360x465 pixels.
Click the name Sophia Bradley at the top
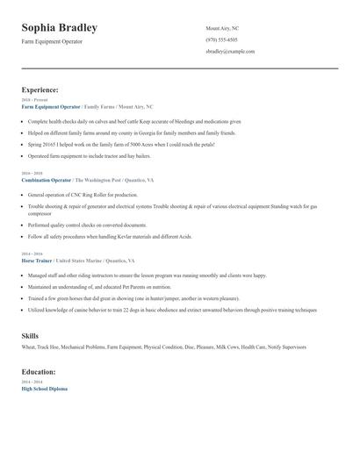pyautogui.click(x=59, y=28)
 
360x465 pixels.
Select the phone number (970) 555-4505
pyautogui.click(x=221, y=39)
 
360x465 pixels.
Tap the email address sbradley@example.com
pyautogui.click(x=230, y=52)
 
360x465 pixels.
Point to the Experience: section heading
pyautogui.click(x=40, y=89)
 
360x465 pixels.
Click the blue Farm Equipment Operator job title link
pyautogui.click(x=50, y=106)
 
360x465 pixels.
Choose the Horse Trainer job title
pyautogui.click(x=37, y=261)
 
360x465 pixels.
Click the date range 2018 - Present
pyautogui.click(x=34, y=100)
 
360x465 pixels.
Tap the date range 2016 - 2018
pyautogui.click(x=32, y=174)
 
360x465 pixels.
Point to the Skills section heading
pyautogui.click(x=31, y=336)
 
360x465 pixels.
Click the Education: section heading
pyautogui.click(x=40, y=372)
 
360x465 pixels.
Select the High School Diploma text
pyautogui.click(x=44, y=389)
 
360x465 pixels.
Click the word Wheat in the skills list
pyautogui.click(x=28, y=347)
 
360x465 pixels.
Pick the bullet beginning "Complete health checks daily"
pyautogui.click(x=122, y=121)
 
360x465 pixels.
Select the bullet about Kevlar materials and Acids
pyautogui.click(x=110, y=236)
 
